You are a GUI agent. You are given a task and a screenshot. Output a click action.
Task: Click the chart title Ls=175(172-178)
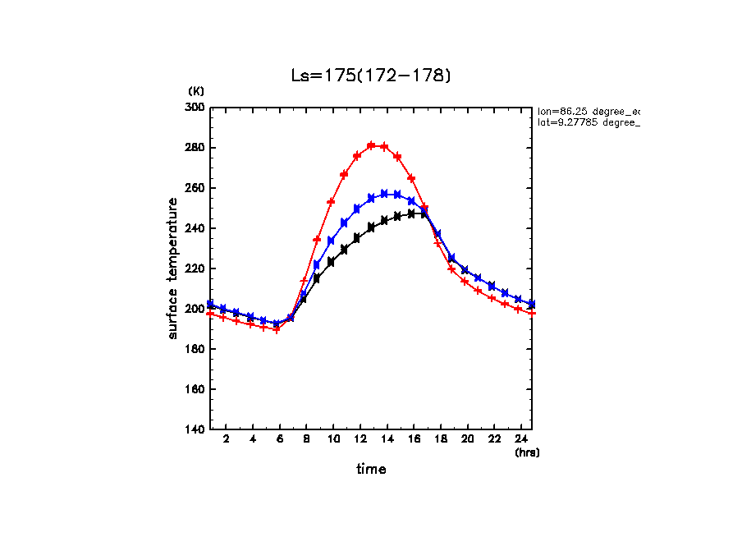tap(371, 76)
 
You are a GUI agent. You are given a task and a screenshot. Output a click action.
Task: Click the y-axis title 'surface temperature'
tap(173, 268)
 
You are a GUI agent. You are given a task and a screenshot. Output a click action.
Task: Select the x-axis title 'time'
tap(371, 470)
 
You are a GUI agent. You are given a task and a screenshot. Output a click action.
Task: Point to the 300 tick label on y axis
tap(195, 108)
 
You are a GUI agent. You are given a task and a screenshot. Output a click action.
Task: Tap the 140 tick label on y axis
tap(195, 429)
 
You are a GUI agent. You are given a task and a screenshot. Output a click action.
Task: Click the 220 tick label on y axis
tap(195, 268)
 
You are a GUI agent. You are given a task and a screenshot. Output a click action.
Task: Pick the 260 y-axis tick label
tap(195, 188)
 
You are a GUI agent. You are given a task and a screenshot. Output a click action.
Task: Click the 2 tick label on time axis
tap(226, 440)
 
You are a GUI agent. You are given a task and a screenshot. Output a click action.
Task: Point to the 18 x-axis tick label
tap(440, 440)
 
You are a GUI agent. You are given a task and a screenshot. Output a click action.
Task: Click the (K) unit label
tap(196, 91)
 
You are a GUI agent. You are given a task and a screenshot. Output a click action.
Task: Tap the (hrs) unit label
tap(527, 452)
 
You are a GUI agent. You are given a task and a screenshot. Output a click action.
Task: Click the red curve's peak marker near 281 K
tap(371, 145)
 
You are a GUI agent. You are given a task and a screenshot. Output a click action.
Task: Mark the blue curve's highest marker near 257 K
tap(384, 194)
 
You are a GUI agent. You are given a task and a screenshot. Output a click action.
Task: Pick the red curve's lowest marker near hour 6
tap(277, 330)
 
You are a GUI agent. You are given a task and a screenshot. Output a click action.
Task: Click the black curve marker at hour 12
tap(357, 238)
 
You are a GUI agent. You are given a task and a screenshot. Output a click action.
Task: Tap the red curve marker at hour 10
tap(331, 201)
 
